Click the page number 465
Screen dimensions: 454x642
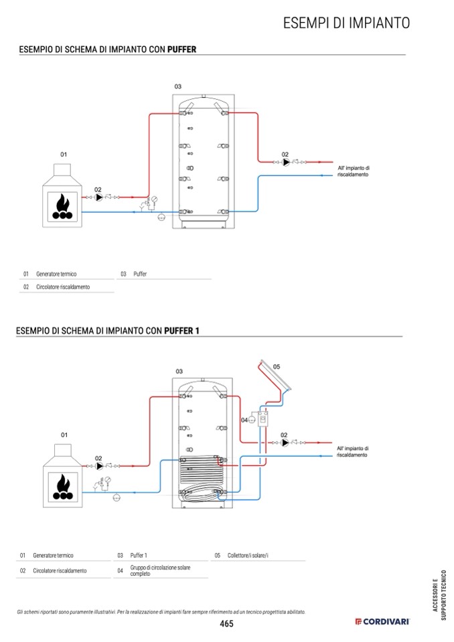click(x=226, y=623)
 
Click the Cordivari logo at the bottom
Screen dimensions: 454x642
click(x=382, y=621)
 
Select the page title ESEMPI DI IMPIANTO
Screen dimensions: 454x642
click(x=346, y=23)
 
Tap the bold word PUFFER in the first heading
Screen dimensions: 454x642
click(x=181, y=50)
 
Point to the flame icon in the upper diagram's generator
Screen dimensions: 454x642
click(x=62, y=207)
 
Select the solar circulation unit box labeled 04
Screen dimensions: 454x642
click(x=262, y=419)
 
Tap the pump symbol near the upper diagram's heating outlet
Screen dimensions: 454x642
click(x=286, y=162)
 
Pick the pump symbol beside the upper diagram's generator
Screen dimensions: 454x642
click(x=98, y=197)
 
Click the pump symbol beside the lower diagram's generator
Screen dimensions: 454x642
click(x=99, y=466)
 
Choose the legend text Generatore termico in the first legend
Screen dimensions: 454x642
click(x=56, y=274)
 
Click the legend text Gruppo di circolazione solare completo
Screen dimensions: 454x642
click(x=160, y=570)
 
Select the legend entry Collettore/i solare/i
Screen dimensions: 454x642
click(x=248, y=555)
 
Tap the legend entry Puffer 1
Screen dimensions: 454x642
click(x=139, y=555)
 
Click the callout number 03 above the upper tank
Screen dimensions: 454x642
click(x=177, y=86)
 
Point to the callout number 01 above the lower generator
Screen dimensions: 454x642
click(x=64, y=435)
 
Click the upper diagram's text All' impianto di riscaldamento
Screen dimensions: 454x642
click(x=354, y=171)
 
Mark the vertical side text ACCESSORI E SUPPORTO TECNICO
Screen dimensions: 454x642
click(x=439, y=595)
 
